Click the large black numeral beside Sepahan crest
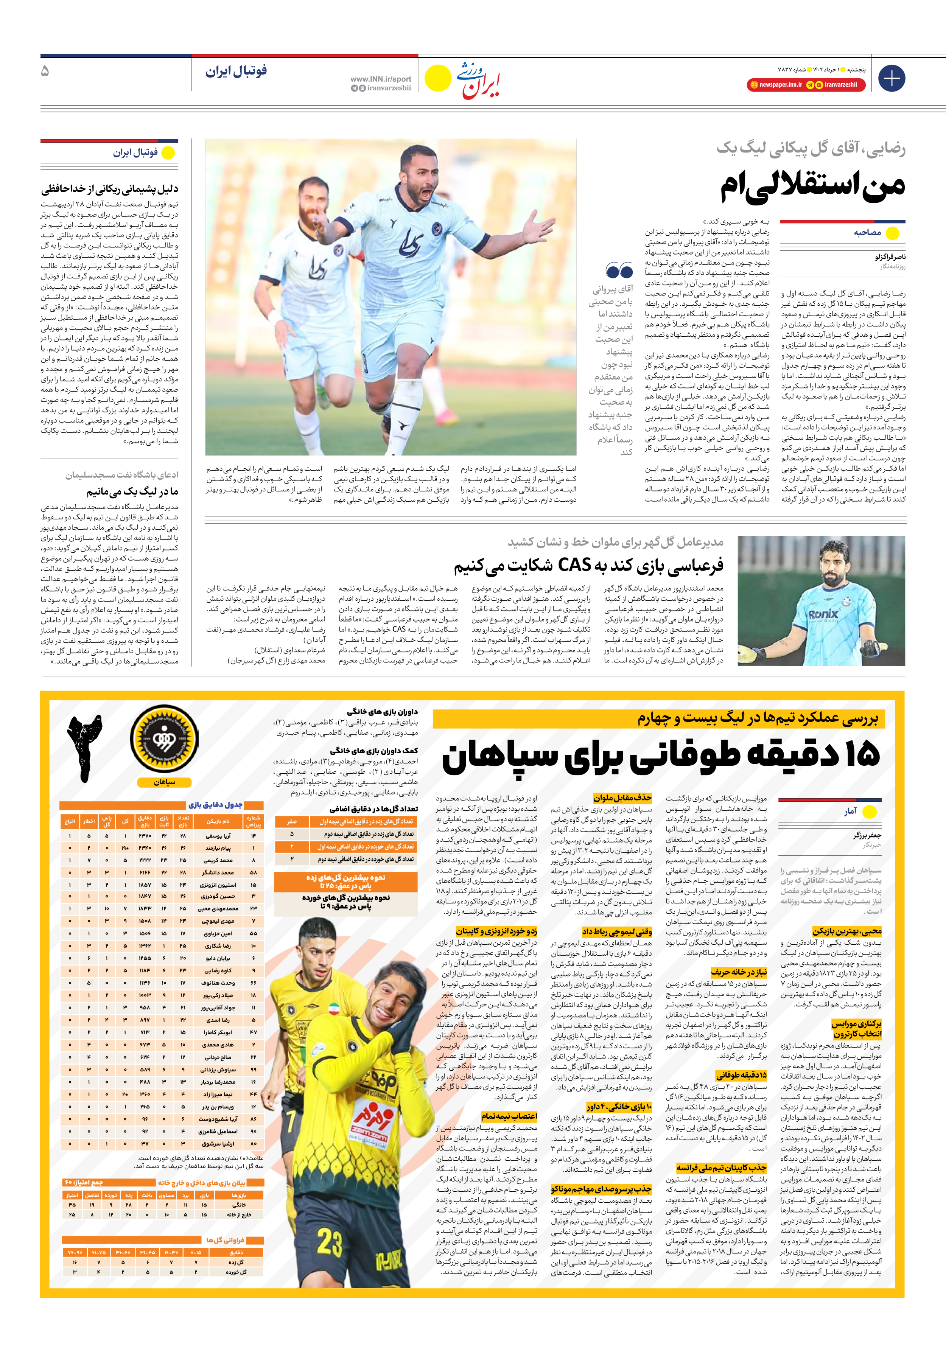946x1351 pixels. [x=86, y=747]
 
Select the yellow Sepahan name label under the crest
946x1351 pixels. [x=164, y=782]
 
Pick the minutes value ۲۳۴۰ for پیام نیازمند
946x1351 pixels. [x=145, y=848]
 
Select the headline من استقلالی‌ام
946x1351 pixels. [x=813, y=187]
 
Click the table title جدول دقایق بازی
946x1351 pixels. [x=215, y=804]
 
